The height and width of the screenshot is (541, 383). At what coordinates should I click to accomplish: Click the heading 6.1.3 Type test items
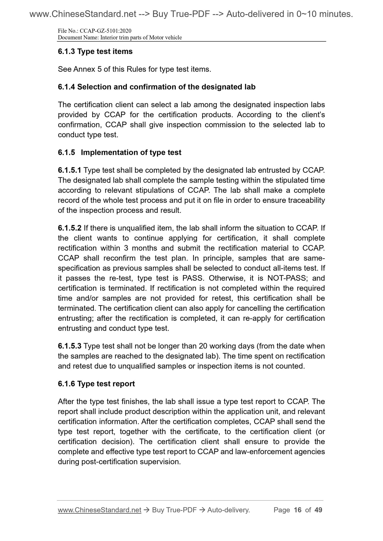95,51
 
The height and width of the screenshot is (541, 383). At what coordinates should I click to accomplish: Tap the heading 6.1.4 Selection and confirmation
156,87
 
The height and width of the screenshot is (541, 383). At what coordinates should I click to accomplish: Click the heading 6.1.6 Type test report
96,384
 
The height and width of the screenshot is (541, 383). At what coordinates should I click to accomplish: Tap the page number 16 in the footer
298,510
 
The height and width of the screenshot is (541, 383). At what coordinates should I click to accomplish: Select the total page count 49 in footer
318,510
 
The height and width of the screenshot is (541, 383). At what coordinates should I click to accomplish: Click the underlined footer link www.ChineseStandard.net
99,510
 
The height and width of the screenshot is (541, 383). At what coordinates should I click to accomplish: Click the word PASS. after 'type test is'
193,278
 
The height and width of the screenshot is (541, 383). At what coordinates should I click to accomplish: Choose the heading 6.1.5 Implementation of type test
120,152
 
